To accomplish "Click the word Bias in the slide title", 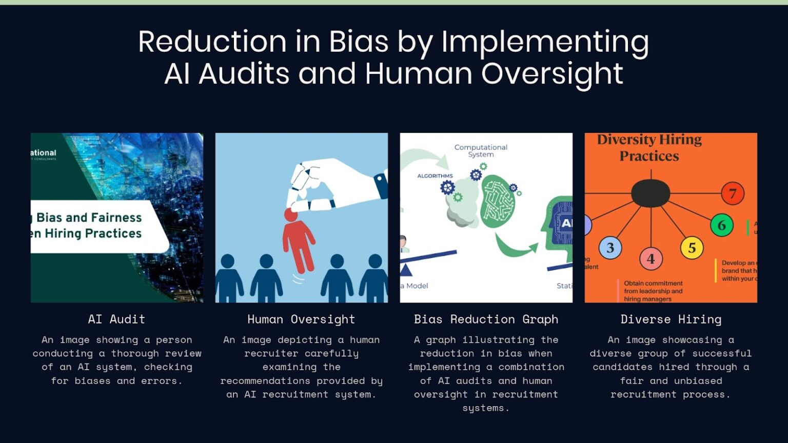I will coord(358,42).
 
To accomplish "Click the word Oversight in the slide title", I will coord(552,73).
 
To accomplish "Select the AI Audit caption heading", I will coord(116,319).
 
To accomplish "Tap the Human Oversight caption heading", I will coord(301,319).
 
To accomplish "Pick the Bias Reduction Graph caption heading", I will coord(486,319).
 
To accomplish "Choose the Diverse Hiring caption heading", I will coord(671,319).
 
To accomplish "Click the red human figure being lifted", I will coord(298,241).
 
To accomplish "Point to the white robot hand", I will coord(333,185).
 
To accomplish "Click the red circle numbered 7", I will coord(732,194).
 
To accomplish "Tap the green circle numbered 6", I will coord(721,225).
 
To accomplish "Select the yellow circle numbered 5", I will coord(692,248).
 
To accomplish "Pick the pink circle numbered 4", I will coord(651,259).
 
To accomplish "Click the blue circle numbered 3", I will coord(610,248).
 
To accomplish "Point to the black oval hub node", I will coord(650,193).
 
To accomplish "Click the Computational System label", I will coord(481,151).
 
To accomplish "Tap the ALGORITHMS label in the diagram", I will coord(435,176).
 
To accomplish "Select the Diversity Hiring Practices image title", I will coord(649,148).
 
